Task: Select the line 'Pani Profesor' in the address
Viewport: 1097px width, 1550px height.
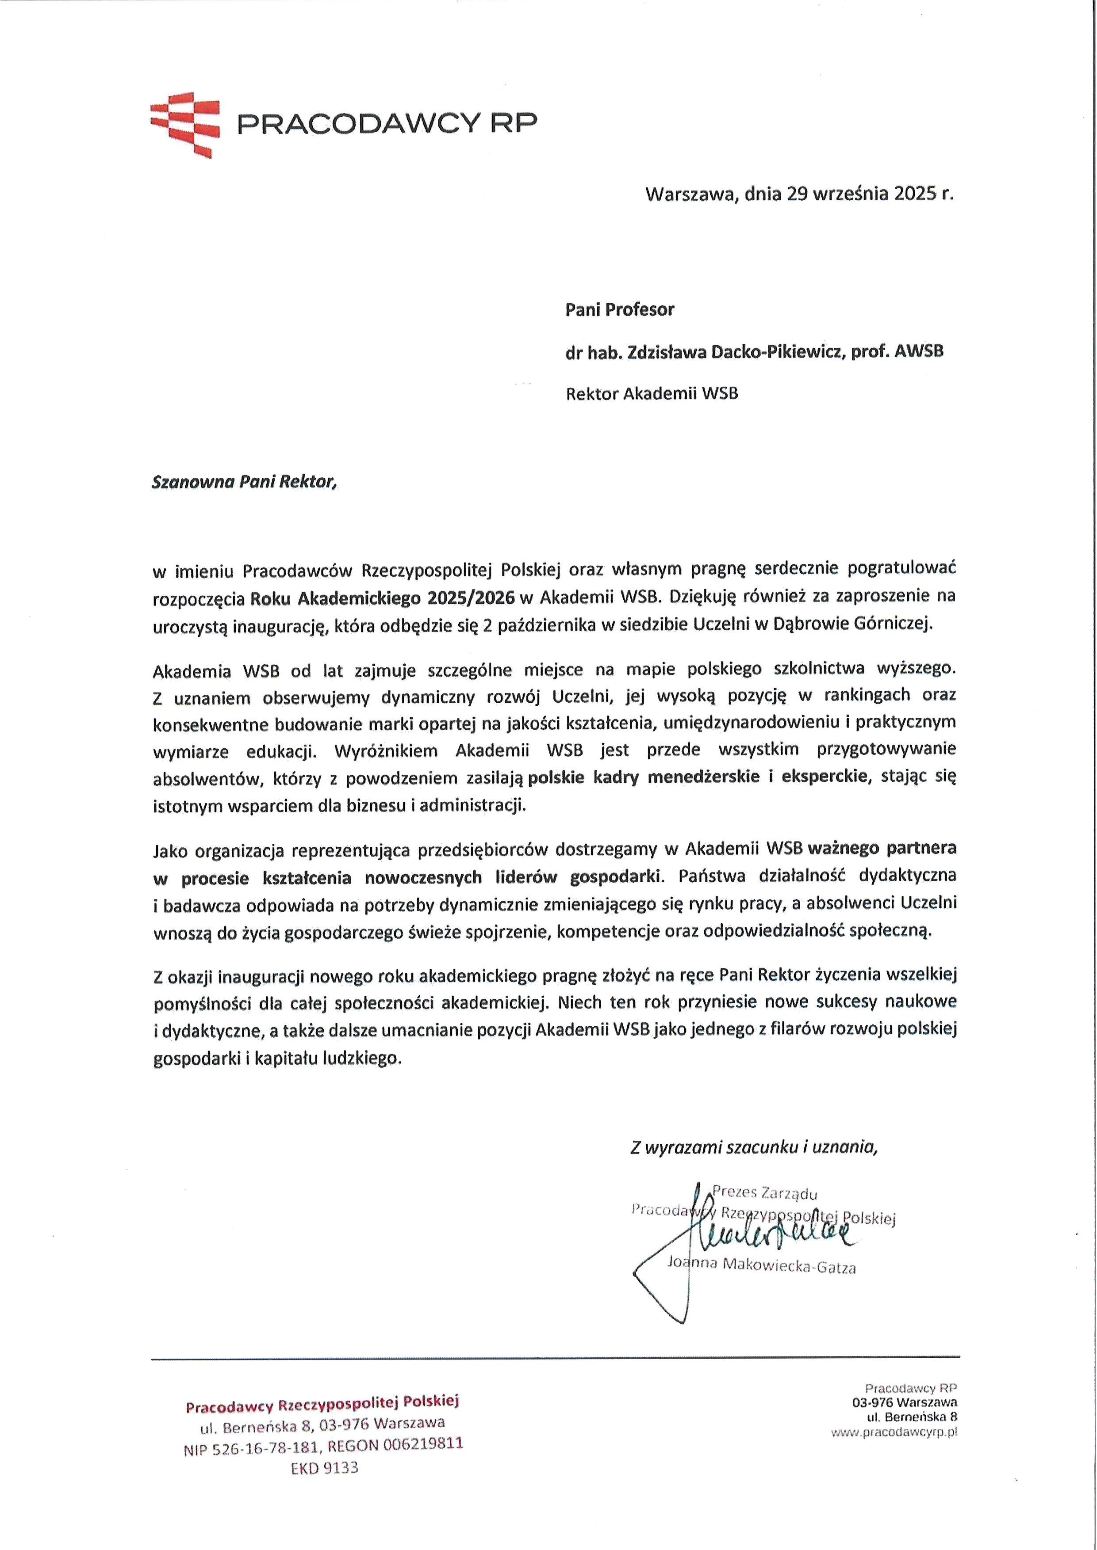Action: (x=619, y=310)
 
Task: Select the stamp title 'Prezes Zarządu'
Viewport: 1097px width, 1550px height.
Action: (x=765, y=1192)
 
